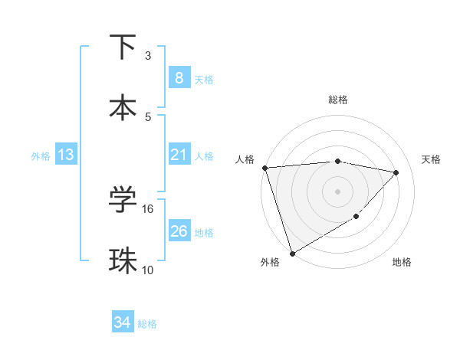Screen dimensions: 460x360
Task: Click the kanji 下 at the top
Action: [123, 47]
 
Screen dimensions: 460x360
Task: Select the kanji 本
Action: [123, 107]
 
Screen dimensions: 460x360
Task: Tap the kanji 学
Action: [123, 201]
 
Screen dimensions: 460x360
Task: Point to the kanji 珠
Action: [123, 260]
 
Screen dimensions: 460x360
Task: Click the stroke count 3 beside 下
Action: [148, 55]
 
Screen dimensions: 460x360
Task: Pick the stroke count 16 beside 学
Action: [148, 208]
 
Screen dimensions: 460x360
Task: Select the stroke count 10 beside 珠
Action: [148, 270]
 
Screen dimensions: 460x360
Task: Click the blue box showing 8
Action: [179, 77]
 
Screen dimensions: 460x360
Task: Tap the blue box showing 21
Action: [179, 155]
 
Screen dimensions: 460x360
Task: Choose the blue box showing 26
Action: [179, 231]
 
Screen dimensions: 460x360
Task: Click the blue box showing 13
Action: [66, 155]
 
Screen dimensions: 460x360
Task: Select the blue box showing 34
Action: [122, 322]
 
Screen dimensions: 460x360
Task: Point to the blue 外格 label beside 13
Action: [41, 155]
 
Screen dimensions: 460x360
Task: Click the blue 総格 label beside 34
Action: [147, 324]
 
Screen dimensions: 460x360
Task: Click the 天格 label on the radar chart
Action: [432, 159]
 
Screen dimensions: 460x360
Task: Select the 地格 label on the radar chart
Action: [402, 263]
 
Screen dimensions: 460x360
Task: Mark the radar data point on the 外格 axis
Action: [292, 253]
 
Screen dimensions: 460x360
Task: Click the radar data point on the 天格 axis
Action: [396, 172]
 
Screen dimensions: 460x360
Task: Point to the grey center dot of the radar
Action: [337, 191]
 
